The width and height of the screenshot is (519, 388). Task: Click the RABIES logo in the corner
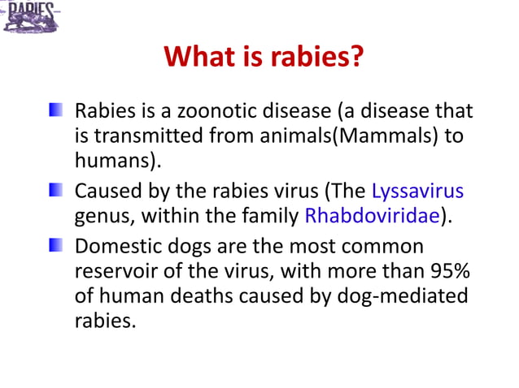coord(31,16)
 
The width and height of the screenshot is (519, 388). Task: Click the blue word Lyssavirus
coord(417,192)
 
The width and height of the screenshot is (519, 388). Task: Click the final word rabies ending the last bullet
coord(103,321)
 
